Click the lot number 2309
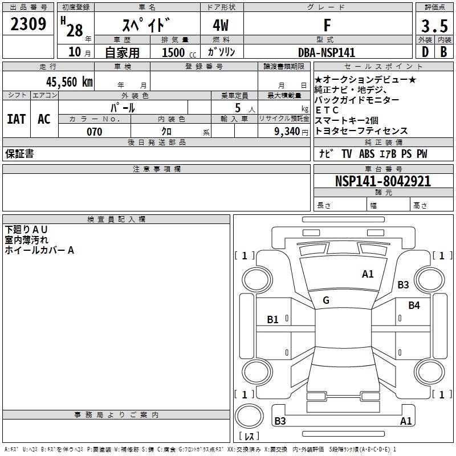[x=28, y=25]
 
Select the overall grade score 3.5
[x=434, y=26]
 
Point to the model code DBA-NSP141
[x=327, y=52]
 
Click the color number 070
[x=95, y=132]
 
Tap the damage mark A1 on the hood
[x=368, y=274]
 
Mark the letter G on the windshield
[x=326, y=300]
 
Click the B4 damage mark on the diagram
[x=414, y=306]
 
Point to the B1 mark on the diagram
[x=273, y=320]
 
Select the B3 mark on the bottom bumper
[x=280, y=421]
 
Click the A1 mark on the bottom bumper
[x=406, y=421]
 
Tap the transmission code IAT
[x=16, y=119]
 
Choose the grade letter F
[x=327, y=26]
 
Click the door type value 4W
[x=222, y=26]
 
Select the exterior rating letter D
[x=425, y=52]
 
